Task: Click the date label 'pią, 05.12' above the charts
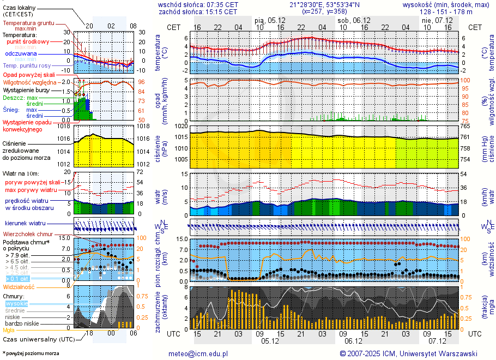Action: pos(267,20)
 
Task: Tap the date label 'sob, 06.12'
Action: pos(350,20)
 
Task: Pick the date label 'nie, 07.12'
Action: pos(434,20)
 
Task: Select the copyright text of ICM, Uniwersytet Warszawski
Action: pos(408,353)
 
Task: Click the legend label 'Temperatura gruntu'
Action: pos(28,23)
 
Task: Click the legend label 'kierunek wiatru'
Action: pos(25,224)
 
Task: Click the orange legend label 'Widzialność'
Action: pos(19,286)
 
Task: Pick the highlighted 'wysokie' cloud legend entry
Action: pos(16,303)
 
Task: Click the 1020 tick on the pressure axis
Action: pos(182,127)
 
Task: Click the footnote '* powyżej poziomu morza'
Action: pos(31,353)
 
